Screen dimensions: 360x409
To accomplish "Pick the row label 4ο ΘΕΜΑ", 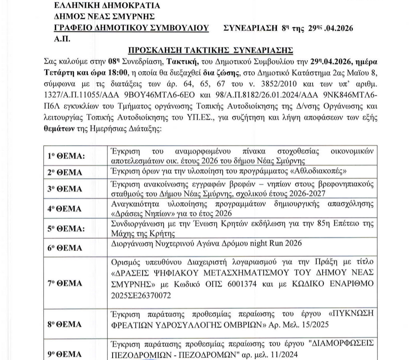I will (x=65, y=209).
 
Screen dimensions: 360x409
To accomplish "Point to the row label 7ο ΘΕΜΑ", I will (x=65, y=283).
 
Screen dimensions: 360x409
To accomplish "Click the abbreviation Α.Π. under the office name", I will (x=60, y=39).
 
